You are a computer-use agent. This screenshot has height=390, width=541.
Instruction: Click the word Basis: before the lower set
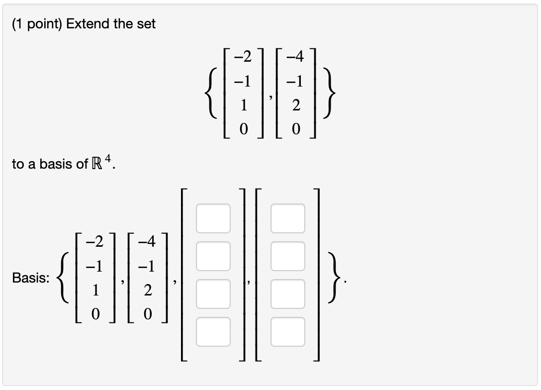[x=30, y=279]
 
